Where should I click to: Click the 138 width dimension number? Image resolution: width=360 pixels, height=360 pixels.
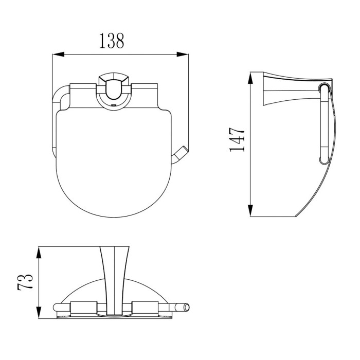click(x=112, y=41)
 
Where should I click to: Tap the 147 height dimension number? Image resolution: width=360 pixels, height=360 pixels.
click(x=237, y=139)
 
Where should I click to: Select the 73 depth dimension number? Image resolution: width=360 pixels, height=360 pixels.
click(x=25, y=282)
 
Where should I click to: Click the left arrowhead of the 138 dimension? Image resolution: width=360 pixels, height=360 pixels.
click(x=58, y=55)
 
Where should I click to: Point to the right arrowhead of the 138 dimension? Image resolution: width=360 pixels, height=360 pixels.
click(x=183, y=55)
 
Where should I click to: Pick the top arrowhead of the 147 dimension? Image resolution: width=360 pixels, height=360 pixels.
click(x=250, y=78)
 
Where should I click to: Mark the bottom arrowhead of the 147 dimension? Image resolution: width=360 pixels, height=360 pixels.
click(x=250, y=210)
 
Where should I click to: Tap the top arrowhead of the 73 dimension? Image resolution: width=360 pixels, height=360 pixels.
click(x=39, y=253)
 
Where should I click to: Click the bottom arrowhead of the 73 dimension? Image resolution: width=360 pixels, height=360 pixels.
click(x=39, y=312)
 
